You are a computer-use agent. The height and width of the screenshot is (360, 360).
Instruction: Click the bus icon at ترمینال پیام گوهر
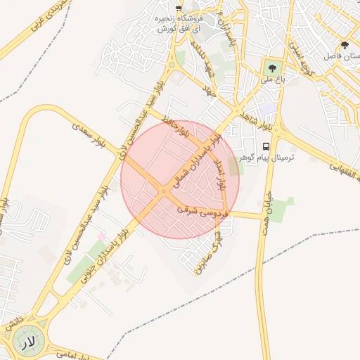(x=266, y=146)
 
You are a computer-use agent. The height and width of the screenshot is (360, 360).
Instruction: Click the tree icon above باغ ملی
(x=271, y=68)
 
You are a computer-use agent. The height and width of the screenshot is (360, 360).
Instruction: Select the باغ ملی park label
(x=272, y=80)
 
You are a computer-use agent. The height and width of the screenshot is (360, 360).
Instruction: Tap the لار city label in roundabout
(x=27, y=342)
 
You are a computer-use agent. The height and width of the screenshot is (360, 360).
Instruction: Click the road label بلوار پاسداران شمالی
(x=200, y=156)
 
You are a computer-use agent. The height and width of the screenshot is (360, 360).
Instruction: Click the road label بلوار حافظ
(x=174, y=123)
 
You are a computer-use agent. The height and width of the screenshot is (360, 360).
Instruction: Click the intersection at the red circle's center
(x=164, y=191)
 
